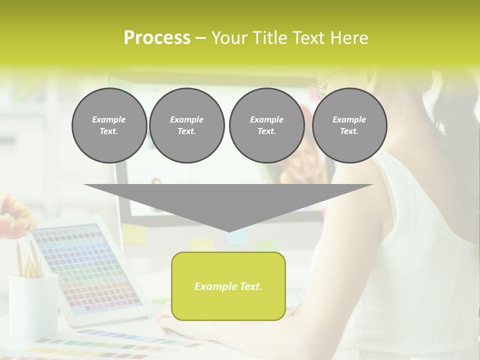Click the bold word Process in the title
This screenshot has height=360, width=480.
point(157,38)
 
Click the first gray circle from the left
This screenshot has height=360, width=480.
point(109,125)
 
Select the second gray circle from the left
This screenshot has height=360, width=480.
point(186,125)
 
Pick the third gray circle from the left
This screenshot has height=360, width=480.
point(266,125)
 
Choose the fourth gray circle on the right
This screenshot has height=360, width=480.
point(349,125)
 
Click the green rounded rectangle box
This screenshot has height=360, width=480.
point(228,286)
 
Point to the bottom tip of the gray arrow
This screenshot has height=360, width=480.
point(228,231)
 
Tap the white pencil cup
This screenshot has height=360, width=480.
point(33,305)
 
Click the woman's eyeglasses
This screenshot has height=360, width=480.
point(320,85)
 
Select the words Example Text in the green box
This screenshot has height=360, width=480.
point(228,286)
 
